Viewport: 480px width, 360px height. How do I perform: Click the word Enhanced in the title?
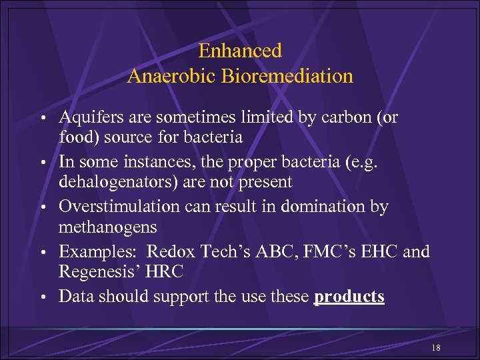click(x=240, y=51)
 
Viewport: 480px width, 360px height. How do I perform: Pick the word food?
click(x=76, y=137)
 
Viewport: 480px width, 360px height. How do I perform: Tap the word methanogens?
click(x=108, y=227)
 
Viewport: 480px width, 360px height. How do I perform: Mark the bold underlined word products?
click(x=349, y=297)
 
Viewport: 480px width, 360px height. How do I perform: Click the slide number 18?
click(x=435, y=349)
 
